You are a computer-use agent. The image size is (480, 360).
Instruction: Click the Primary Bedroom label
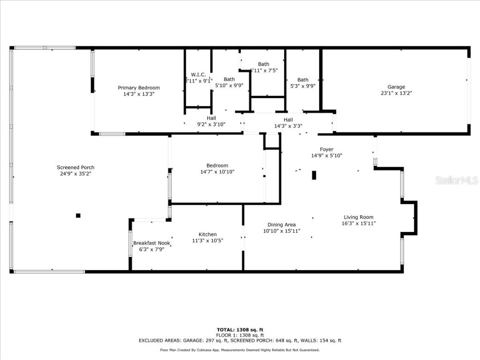click(x=139, y=88)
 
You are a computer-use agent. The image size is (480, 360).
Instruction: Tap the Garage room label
click(x=396, y=87)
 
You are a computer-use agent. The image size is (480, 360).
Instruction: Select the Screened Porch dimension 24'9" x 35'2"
click(x=75, y=174)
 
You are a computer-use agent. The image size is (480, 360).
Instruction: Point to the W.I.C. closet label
click(x=198, y=75)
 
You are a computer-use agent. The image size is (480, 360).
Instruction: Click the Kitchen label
click(x=208, y=234)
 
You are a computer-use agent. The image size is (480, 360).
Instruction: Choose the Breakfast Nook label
click(x=151, y=243)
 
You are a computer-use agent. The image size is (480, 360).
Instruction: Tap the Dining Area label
click(x=281, y=225)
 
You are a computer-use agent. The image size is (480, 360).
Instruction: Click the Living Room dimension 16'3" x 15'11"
click(x=359, y=224)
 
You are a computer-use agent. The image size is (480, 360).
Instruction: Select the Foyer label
click(x=327, y=150)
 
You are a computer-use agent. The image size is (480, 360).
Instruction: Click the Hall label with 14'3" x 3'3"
click(x=288, y=120)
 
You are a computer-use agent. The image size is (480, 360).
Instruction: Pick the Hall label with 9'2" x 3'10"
click(x=211, y=118)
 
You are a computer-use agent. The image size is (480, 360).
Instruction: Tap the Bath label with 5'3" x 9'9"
click(x=303, y=80)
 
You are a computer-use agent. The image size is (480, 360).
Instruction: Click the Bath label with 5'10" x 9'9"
click(x=229, y=79)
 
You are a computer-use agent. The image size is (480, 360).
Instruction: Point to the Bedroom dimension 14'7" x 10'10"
click(x=217, y=172)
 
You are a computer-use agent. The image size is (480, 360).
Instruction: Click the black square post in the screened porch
click(x=78, y=216)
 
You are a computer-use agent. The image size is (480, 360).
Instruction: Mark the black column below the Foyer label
click(x=314, y=175)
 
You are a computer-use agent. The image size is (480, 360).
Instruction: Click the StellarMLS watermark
click(x=456, y=180)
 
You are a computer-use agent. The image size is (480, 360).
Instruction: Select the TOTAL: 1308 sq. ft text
click(x=243, y=330)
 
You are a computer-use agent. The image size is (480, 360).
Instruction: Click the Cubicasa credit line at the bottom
click(x=240, y=350)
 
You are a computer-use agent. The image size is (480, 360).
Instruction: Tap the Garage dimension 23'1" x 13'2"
click(x=396, y=93)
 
